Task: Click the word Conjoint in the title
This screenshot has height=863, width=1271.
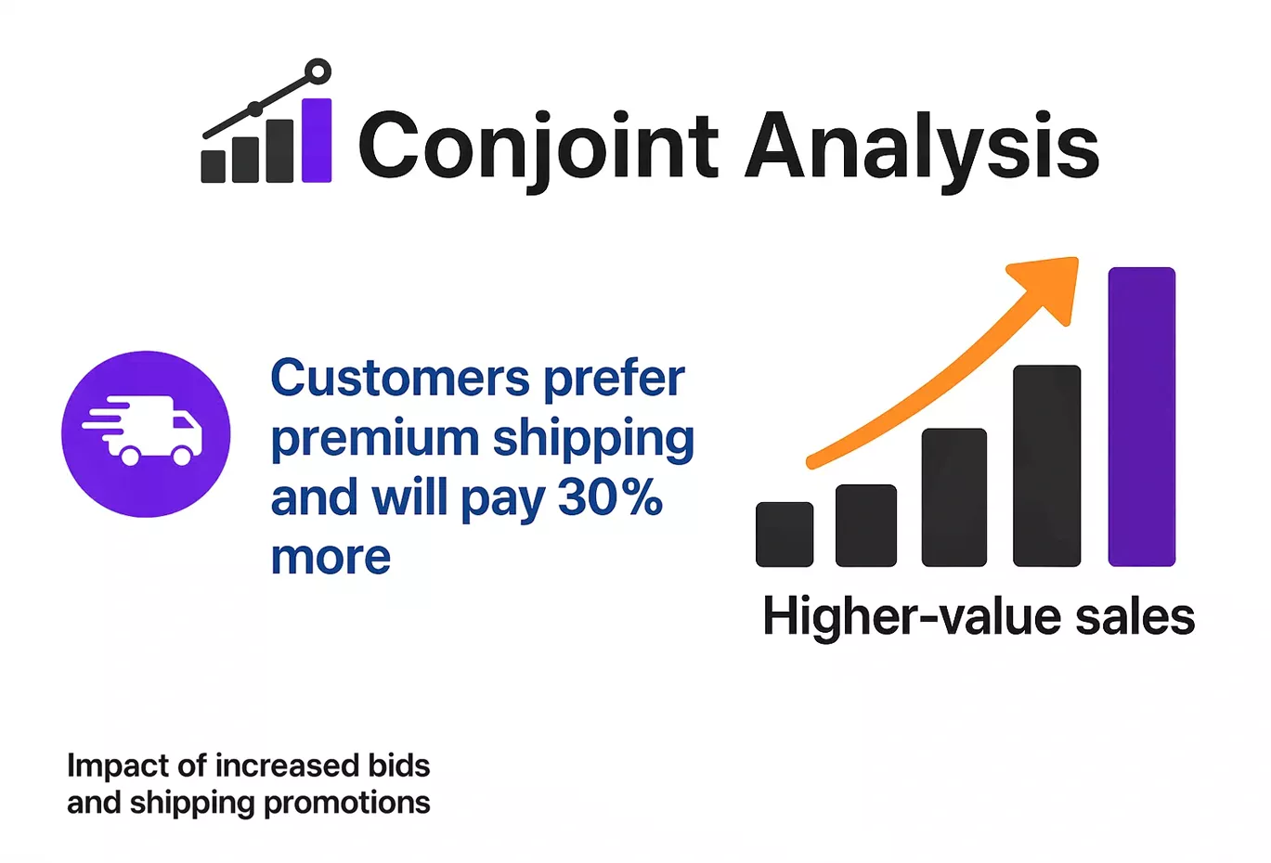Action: pyautogui.click(x=538, y=147)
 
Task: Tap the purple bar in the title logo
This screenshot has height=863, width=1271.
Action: pyautogui.click(x=317, y=140)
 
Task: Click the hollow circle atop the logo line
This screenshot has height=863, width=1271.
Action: pyautogui.click(x=318, y=71)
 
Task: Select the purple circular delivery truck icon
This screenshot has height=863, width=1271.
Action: pyautogui.click(x=146, y=433)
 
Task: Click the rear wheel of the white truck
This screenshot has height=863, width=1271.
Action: pyautogui.click(x=131, y=455)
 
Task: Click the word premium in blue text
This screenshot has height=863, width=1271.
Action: pyautogui.click(x=374, y=440)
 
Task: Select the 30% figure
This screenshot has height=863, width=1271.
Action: pyautogui.click(x=610, y=498)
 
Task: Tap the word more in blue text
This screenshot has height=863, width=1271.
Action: pyautogui.click(x=331, y=557)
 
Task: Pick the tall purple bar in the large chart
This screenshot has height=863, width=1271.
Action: pyautogui.click(x=1141, y=417)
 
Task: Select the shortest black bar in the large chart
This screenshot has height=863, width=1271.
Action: pyautogui.click(x=785, y=535)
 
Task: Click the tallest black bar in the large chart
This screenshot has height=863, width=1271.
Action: pyautogui.click(x=1046, y=466)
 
